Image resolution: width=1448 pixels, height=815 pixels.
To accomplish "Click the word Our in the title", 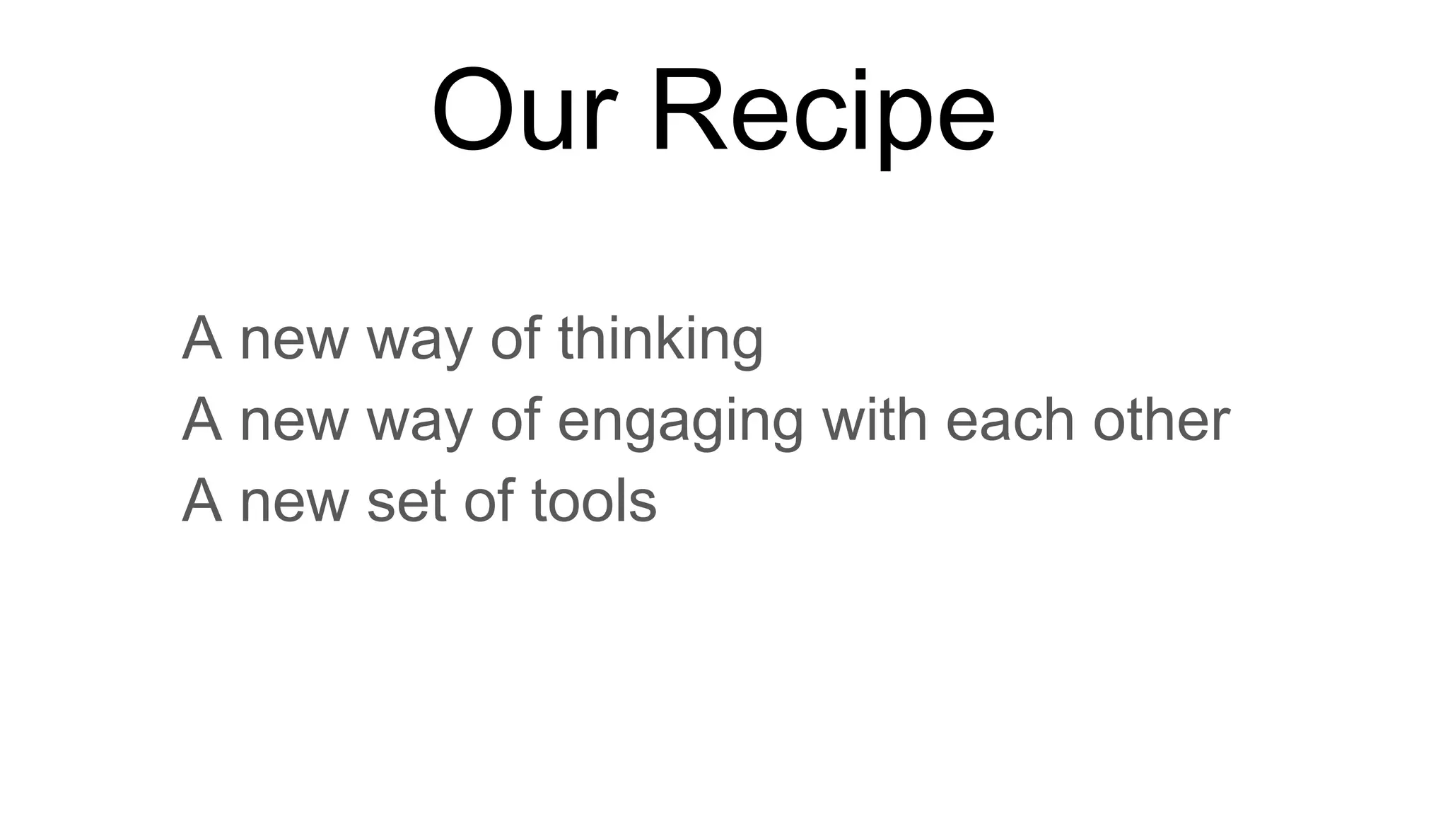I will click(525, 110).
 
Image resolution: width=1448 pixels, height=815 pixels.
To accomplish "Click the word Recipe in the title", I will click(823, 113).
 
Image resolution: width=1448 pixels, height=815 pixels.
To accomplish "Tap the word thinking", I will click(660, 340).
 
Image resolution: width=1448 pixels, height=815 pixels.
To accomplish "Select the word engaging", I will click(680, 422).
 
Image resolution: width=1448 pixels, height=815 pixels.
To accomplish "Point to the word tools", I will click(594, 501).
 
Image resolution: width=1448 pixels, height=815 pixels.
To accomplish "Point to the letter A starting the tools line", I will click(202, 501).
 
